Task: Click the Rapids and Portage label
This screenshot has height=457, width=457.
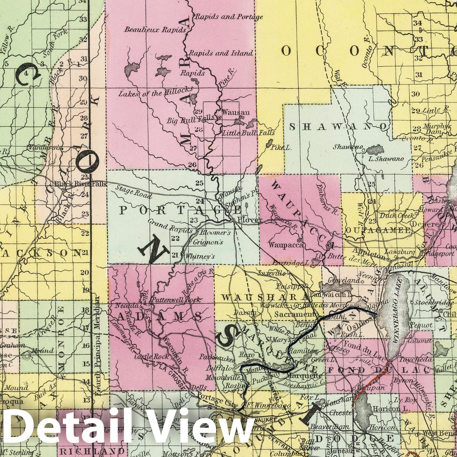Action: (228, 17)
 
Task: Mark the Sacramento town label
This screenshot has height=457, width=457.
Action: (296, 314)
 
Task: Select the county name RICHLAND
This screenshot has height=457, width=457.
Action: (91, 451)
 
